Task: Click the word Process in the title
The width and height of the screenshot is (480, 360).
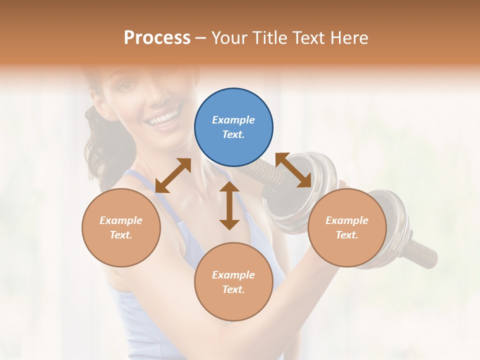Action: (x=157, y=37)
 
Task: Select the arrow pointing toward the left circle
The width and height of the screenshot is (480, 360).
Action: (x=173, y=175)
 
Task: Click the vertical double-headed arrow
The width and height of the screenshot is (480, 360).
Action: (x=229, y=205)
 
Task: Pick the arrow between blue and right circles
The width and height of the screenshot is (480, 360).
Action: (x=293, y=170)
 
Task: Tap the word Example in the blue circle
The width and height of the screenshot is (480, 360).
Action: (x=233, y=120)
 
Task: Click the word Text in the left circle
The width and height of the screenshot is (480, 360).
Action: (x=121, y=235)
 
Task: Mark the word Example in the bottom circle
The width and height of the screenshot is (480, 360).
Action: (x=233, y=275)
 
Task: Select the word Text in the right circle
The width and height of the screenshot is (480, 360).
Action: (x=347, y=235)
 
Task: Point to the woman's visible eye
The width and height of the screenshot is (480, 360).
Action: (x=126, y=86)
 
